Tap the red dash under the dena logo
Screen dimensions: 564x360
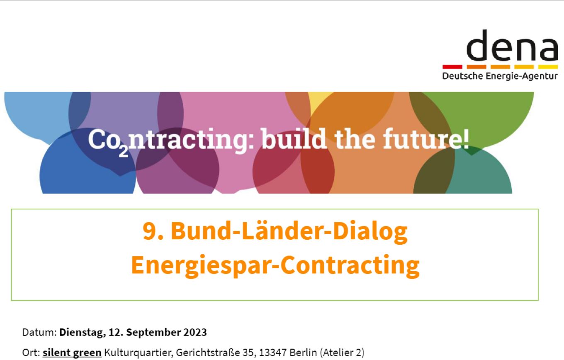click(452, 67)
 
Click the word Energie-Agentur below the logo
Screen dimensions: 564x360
click(521, 76)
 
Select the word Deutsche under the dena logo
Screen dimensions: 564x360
click(462, 76)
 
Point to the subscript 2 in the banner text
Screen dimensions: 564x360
click(124, 152)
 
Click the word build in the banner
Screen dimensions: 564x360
click(294, 139)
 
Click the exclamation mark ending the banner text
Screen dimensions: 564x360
click(466, 139)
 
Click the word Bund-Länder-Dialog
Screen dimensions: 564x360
click(289, 231)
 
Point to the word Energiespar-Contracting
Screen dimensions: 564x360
click(275, 265)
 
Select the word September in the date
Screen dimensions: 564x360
click(153, 333)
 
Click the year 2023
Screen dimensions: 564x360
click(195, 332)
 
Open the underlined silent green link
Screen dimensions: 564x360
click(72, 353)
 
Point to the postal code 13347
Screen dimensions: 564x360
click(273, 353)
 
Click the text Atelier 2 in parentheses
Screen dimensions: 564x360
click(342, 353)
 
